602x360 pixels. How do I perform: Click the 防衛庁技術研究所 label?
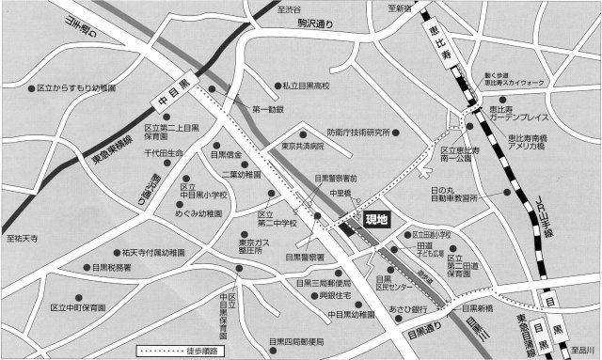[x=358, y=132]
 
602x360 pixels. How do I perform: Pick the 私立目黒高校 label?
[x=308, y=86]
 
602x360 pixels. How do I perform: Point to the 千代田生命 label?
[x=166, y=152]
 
